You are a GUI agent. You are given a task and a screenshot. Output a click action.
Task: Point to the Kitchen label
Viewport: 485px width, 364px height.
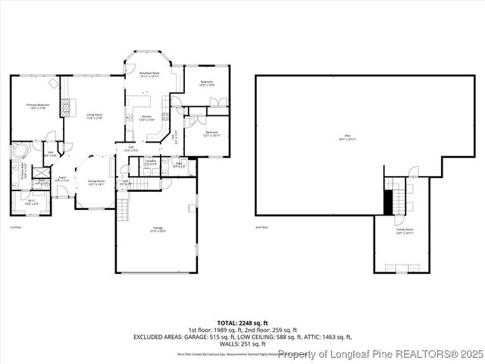[147, 118]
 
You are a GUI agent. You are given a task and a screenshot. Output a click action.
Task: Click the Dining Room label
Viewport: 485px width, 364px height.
[96, 182]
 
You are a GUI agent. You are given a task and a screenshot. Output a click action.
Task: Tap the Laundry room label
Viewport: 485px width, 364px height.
[151, 162]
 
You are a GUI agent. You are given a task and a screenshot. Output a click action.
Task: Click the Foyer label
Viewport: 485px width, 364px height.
[62, 180]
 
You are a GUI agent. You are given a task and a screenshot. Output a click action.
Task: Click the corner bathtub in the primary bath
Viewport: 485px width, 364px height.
[18, 149]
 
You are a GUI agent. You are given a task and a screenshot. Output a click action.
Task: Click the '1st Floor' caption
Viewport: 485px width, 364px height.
[15, 227]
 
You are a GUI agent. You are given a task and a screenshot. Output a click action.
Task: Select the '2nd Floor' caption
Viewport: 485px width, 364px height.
[262, 227]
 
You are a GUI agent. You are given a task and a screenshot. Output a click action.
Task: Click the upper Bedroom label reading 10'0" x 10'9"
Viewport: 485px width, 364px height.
[206, 83]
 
